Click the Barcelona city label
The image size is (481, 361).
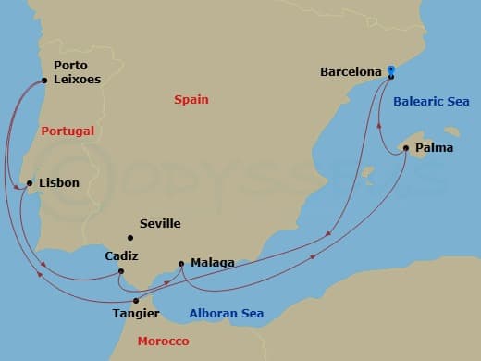click(351, 71)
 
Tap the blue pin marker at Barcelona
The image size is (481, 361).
click(391, 69)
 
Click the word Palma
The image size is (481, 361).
click(435, 146)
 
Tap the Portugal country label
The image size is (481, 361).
click(68, 131)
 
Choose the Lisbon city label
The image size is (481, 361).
click(59, 183)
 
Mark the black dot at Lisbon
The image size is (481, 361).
click(31, 183)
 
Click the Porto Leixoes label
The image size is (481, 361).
click(77, 72)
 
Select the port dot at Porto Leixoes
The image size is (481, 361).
click(44, 81)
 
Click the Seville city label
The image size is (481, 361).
click(159, 223)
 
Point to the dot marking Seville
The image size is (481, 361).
click(130, 238)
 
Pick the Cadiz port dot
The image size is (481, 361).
click(121, 270)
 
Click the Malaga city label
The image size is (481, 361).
click(212, 263)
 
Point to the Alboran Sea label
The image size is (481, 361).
click(226, 313)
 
